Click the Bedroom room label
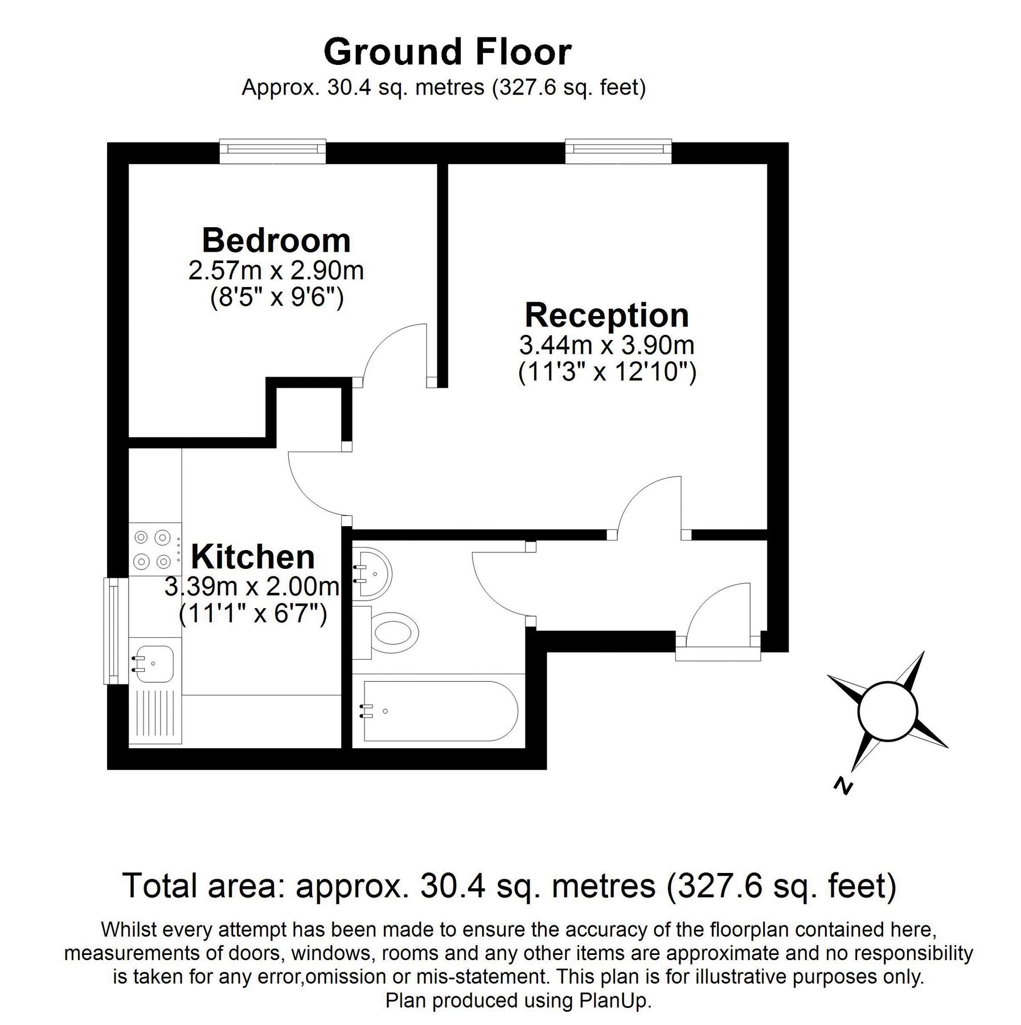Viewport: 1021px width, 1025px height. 276,240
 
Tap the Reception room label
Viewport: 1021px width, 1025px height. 606,315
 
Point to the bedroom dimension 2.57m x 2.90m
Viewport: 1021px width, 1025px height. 276,271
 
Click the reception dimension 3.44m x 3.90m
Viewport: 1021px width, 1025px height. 606,345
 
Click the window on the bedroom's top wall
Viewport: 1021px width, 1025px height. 273,149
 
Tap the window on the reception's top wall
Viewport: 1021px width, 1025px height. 618,149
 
